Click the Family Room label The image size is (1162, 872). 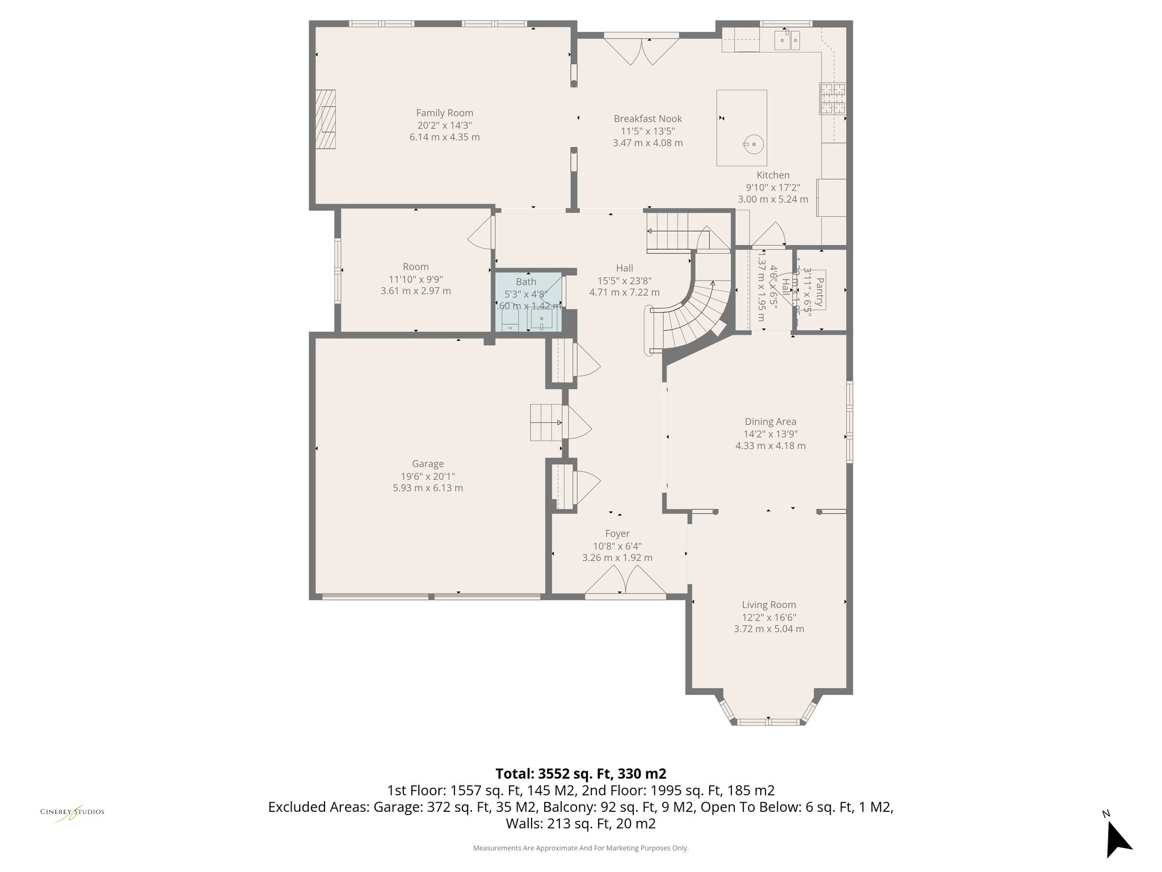coord(444,113)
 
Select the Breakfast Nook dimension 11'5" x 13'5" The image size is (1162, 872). coord(647,131)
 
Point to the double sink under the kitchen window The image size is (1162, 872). coord(788,40)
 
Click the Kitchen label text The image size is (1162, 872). coord(773,175)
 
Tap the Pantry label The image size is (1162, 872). coord(819,291)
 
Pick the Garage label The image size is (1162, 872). coord(428,464)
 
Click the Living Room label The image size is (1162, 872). coord(769,605)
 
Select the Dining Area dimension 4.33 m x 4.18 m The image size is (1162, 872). coord(770,446)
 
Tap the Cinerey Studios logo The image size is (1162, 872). coord(72,813)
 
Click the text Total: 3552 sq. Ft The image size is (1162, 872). coord(580,774)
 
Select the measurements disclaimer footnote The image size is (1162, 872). coord(580,848)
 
